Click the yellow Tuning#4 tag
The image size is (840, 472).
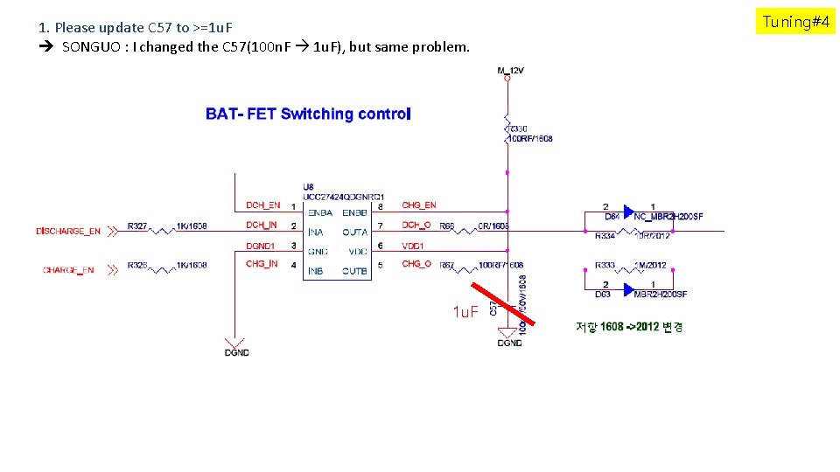[795, 22]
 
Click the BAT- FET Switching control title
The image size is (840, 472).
[308, 114]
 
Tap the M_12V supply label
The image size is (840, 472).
[510, 70]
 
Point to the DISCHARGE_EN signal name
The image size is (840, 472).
[68, 232]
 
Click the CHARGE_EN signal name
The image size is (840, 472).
[68, 270]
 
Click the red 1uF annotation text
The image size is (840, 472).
[465, 312]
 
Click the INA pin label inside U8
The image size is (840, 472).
[316, 233]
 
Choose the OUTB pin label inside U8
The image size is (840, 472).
[354, 271]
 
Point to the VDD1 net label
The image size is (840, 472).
[413, 246]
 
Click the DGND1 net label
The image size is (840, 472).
[260, 246]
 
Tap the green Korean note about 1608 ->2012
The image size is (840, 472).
[629, 327]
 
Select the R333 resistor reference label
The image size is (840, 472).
[605, 265]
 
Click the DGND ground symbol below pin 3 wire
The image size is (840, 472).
[235, 345]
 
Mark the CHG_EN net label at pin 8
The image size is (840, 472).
[418, 205]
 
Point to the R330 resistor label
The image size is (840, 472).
[520, 129]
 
